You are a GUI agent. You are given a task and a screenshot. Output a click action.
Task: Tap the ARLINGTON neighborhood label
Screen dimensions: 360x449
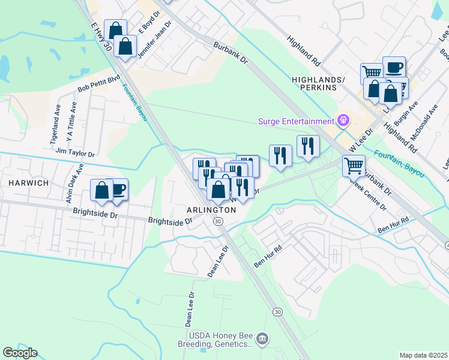tap(211, 210)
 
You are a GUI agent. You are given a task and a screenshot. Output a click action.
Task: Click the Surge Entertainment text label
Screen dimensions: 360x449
tap(295, 121)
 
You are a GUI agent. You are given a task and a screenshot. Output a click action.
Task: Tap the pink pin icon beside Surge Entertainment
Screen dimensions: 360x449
tap(343, 121)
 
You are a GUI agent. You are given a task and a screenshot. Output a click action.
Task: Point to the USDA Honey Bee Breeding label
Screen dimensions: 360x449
tap(220, 340)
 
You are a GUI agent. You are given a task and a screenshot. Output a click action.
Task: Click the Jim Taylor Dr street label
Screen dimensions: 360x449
tap(75, 154)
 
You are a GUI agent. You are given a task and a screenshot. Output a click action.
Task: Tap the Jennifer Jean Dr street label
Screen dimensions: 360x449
tap(155, 39)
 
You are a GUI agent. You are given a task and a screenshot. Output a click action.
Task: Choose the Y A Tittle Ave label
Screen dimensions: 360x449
tap(71, 122)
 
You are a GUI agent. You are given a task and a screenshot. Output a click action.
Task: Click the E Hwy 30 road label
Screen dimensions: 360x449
tap(101, 37)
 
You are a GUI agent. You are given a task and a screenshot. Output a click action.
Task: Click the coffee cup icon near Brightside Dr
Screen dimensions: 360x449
tap(118, 188)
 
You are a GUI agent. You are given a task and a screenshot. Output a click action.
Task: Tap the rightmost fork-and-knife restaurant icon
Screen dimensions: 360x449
tap(308, 146)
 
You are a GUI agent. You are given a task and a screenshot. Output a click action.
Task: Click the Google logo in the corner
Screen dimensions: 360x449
tap(20, 352)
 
